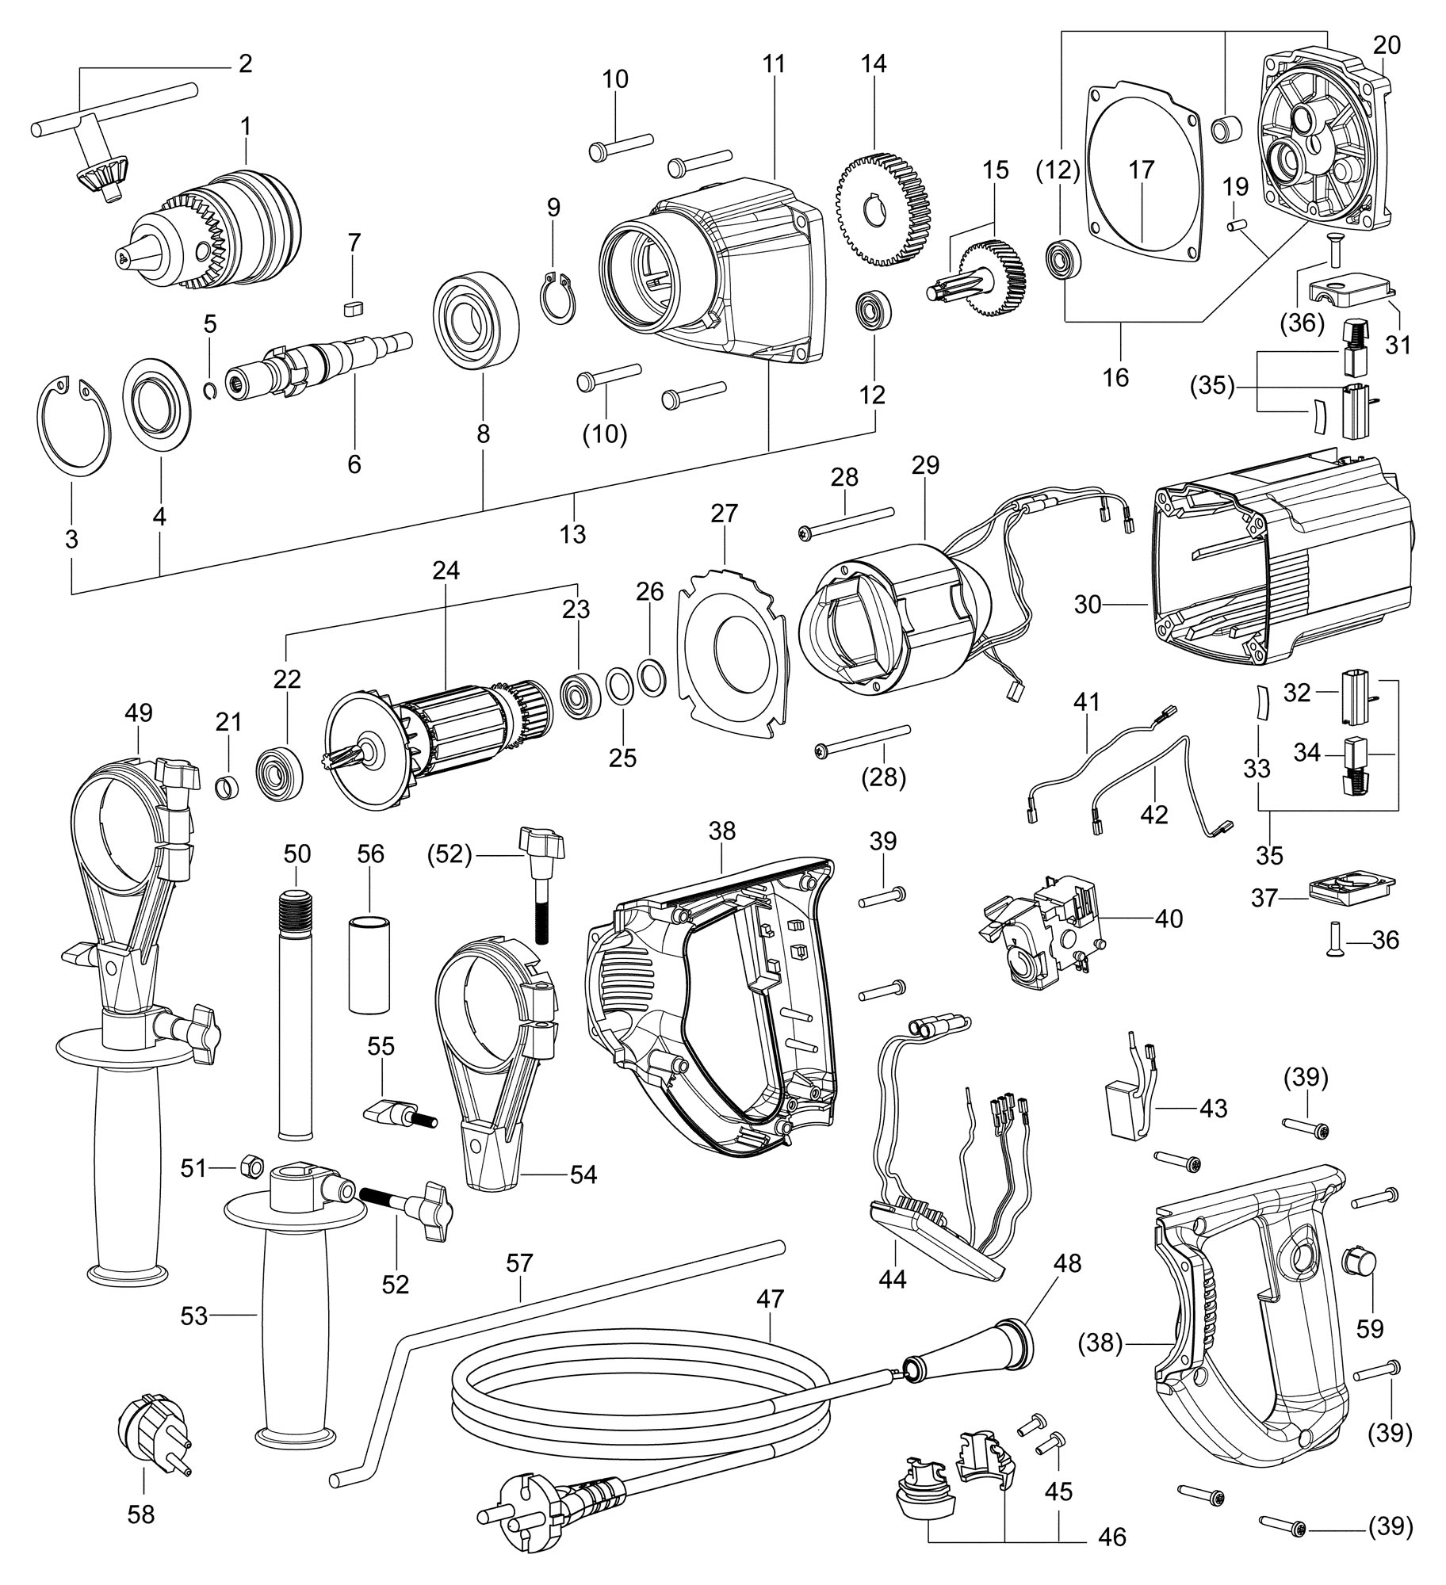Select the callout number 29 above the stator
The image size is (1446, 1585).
924,464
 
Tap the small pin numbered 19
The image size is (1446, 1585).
1235,225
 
